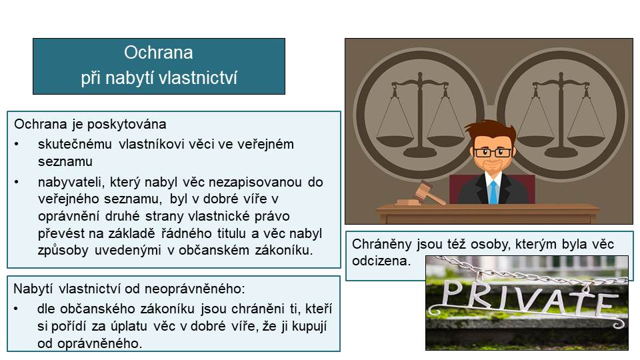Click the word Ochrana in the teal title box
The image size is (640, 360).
pyautogui.click(x=159, y=53)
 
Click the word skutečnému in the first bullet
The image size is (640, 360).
pyautogui.click(x=75, y=144)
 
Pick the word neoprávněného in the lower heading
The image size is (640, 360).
pyautogui.click(x=194, y=289)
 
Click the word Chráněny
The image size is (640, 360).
pyautogui.click(x=381, y=244)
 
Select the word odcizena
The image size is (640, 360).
pyautogui.click(x=381, y=261)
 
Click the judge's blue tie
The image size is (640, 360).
pyautogui.click(x=493, y=192)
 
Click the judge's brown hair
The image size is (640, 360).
pyautogui.click(x=492, y=131)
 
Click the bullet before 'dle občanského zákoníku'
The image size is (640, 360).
pyautogui.click(x=16, y=309)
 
